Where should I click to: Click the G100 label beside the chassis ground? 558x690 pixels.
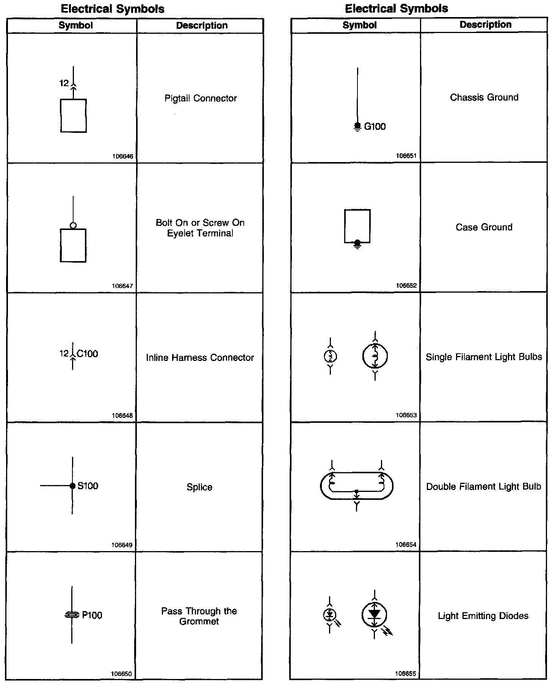pyautogui.click(x=375, y=126)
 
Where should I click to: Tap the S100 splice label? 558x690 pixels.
pyautogui.click(x=88, y=486)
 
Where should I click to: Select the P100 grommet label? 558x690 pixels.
pyautogui.click(x=92, y=615)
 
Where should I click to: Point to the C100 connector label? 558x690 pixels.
pyautogui.click(x=87, y=354)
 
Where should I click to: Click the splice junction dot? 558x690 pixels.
pyautogui.click(x=72, y=486)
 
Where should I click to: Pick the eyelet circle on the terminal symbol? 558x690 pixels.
pyautogui.click(x=73, y=225)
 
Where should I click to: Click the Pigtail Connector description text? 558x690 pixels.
pyautogui.click(x=201, y=98)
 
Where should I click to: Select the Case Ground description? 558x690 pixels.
pyautogui.click(x=484, y=227)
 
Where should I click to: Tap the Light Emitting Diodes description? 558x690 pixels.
pyautogui.click(x=483, y=616)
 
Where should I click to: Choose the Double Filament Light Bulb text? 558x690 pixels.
pyautogui.click(x=484, y=487)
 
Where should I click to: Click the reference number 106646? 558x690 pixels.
pyautogui.click(x=123, y=156)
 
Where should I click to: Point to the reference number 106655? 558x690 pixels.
pyautogui.click(x=406, y=673)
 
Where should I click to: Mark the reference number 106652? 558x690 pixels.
pyautogui.click(x=406, y=285)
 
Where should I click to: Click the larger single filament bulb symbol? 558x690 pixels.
pyautogui.click(x=375, y=356)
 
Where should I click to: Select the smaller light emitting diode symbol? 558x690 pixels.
pyautogui.click(x=329, y=614)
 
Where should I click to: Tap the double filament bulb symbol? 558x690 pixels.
pyautogui.click(x=356, y=486)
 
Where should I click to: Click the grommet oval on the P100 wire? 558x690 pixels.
pyautogui.click(x=72, y=615)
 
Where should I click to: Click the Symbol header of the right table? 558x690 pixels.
pyautogui.click(x=359, y=25)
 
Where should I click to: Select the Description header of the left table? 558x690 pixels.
pyautogui.click(x=202, y=25)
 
